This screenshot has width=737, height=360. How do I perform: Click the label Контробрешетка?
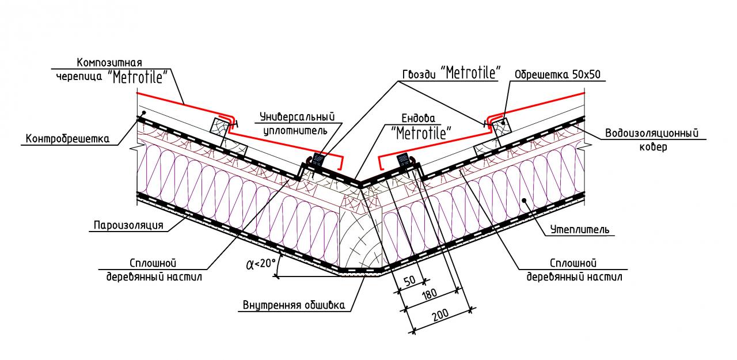point(67,139)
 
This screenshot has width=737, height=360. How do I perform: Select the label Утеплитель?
point(578,230)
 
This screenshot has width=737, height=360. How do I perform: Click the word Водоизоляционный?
point(655,134)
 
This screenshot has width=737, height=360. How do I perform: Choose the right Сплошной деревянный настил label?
point(575,270)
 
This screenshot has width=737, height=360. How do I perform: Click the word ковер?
point(656,147)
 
